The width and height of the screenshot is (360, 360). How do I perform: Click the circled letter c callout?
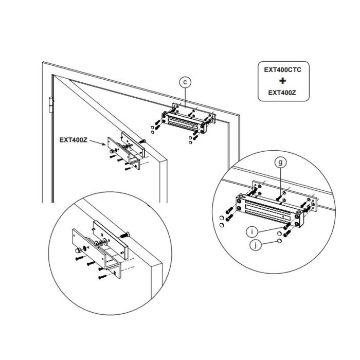(185, 81)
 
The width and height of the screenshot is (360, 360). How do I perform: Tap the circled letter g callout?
(280, 162)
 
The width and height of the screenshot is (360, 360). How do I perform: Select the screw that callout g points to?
(278, 196)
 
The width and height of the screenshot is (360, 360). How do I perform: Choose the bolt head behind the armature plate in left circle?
(124, 235)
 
